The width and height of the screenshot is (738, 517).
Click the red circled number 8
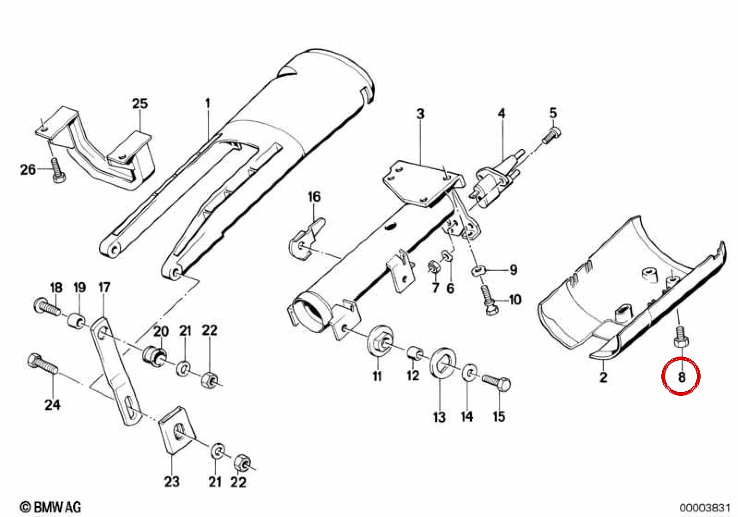point(682,377)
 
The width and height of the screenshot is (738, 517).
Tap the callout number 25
point(140,104)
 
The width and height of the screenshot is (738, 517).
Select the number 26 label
point(28,170)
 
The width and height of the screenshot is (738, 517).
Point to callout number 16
point(314,197)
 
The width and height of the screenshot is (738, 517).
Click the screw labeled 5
point(551,136)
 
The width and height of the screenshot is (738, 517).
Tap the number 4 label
point(501,114)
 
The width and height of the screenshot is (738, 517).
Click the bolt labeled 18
point(47,307)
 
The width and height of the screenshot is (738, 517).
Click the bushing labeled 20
point(155,357)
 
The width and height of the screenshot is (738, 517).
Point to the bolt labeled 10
point(488,300)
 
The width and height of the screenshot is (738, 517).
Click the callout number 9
point(513,271)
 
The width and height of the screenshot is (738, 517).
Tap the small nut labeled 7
point(434,267)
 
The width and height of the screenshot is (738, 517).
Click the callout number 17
point(104,288)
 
